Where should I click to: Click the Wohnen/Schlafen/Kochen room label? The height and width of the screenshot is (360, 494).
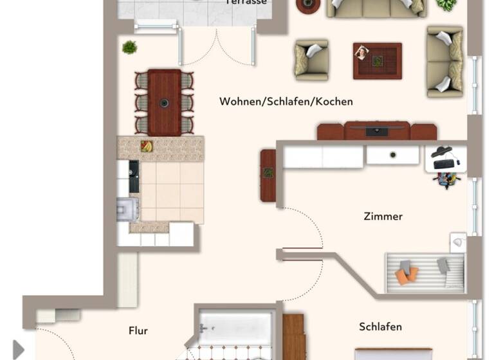click(286, 102)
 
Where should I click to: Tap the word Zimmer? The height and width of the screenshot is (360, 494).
click(383, 217)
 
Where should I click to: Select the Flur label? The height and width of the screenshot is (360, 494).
click(138, 331)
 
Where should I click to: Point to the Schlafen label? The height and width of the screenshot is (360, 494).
click(380, 327)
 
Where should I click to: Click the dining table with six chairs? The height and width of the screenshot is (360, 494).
click(164, 102)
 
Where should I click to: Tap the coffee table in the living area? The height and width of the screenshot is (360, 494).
click(377, 60)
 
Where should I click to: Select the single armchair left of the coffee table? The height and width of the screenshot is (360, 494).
click(311, 60)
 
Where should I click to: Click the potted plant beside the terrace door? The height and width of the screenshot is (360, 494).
click(129, 47)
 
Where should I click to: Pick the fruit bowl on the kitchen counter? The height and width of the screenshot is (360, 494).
click(147, 147)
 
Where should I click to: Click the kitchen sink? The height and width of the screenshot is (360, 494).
click(133, 176)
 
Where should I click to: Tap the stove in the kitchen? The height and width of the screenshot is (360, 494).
click(126, 209)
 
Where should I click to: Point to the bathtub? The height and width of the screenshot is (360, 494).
click(235, 327)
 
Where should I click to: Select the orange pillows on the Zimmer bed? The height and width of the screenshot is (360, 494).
click(406, 274)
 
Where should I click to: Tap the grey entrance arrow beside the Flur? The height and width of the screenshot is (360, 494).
click(18, 350)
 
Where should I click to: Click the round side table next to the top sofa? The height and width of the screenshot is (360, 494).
click(308, 5)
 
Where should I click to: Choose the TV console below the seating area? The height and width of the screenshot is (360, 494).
click(376, 131)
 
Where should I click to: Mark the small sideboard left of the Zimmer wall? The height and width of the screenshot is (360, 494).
click(268, 175)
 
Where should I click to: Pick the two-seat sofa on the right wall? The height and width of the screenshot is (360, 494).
click(444, 61)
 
